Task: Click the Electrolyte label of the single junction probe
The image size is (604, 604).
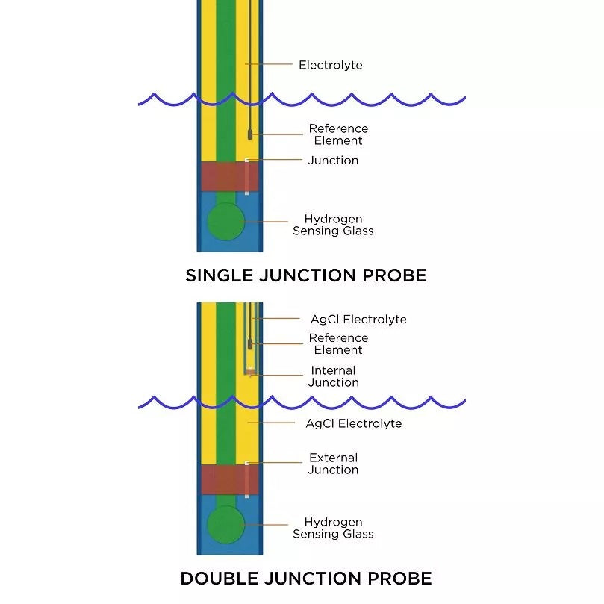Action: [330, 65]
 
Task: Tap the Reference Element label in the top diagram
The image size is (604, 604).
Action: [338, 134]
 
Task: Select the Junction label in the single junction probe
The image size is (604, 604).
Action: [333, 161]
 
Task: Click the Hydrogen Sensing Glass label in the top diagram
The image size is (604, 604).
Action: [333, 225]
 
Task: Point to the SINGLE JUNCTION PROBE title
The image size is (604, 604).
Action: [305, 275]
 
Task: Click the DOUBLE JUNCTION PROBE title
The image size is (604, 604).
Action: [305, 578]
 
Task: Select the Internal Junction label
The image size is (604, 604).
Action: [333, 376]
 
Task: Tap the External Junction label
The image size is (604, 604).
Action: [333, 464]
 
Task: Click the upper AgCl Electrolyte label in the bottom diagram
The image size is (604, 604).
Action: [358, 320]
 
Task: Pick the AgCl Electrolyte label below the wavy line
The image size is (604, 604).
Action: [353, 423]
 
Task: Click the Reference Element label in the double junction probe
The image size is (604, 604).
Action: [338, 344]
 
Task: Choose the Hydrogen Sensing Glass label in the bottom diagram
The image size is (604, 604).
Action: [333, 528]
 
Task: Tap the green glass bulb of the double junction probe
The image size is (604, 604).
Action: [226, 525]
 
